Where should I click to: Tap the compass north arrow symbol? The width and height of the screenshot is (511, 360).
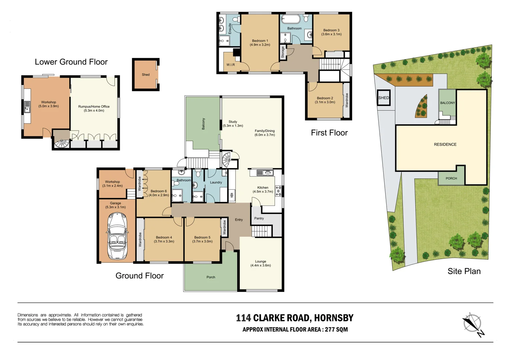pyautogui.click(x=472, y=323)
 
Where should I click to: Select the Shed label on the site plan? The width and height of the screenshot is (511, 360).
pyautogui.click(x=384, y=98)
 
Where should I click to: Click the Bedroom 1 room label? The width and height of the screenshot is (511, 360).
pyautogui.click(x=260, y=41)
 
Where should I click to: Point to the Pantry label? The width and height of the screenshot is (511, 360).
pyautogui.click(x=259, y=218)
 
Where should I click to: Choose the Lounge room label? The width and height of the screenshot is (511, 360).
pyautogui.click(x=261, y=262)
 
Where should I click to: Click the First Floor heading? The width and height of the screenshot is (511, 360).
pyautogui.click(x=329, y=133)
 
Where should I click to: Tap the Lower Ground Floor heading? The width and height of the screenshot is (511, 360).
pyautogui.click(x=71, y=62)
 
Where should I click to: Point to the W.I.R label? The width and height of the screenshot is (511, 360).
pyautogui.click(x=230, y=65)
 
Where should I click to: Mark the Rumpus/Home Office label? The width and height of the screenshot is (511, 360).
pyautogui.click(x=94, y=107)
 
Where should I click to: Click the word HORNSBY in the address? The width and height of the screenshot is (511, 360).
pyautogui.click(x=334, y=318)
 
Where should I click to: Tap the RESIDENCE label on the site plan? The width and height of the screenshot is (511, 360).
pyautogui.click(x=445, y=144)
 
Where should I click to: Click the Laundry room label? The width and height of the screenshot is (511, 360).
pyautogui.click(x=216, y=182)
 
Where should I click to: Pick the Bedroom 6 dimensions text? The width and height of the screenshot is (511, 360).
pyautogui.click(x=159, y=195)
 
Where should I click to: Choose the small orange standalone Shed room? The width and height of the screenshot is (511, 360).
pyautogui.click(x=146, y=75)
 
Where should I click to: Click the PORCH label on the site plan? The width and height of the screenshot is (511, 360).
pyautogui.click(x=451, y=178)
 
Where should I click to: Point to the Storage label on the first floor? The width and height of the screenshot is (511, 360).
pyautogui.click(x=283, y=52)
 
